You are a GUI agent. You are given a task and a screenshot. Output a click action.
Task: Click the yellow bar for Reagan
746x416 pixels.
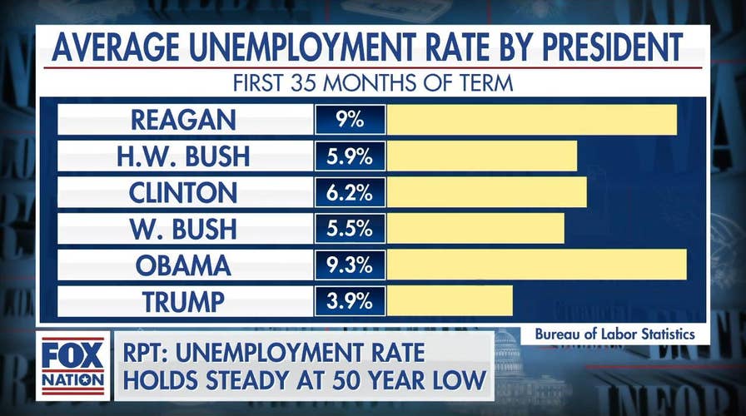(x=532, y=120)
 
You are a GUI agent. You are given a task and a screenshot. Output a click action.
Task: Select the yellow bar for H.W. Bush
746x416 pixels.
(x=482, y=156)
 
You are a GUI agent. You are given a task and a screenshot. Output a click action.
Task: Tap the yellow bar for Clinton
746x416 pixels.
(x=487, y=192)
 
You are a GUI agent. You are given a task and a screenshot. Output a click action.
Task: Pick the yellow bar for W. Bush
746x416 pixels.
(x=475, y=229)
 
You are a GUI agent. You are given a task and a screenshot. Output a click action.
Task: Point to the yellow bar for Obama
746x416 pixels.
(x=537, y=265)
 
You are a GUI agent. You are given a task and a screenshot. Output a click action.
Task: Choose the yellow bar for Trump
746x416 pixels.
(x=450, y=301)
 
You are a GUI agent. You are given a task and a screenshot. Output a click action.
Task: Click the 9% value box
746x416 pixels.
(x=350, y=120)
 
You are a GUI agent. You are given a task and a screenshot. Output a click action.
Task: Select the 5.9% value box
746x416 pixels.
(x=350, y=156)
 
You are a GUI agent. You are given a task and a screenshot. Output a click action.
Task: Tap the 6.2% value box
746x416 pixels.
(x=350, y=192)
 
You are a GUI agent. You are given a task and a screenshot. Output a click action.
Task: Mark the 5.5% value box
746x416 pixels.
(x=350, y=229)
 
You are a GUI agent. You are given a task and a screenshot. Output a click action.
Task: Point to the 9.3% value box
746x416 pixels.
(x=350, y=265)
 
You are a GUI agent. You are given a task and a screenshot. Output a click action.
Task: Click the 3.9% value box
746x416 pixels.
(x=350, y=301)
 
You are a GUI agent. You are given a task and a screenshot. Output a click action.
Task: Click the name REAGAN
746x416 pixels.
(x=183, y=120)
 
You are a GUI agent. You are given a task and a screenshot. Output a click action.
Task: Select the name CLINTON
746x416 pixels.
(x=183, y=192)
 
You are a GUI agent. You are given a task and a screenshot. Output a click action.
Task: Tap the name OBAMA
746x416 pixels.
(x=183, y=265)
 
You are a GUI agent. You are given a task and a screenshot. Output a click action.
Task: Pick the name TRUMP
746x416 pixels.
(x=183, y=301)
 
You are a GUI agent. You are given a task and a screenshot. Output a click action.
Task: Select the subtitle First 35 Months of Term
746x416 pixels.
(x=372, y=83)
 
